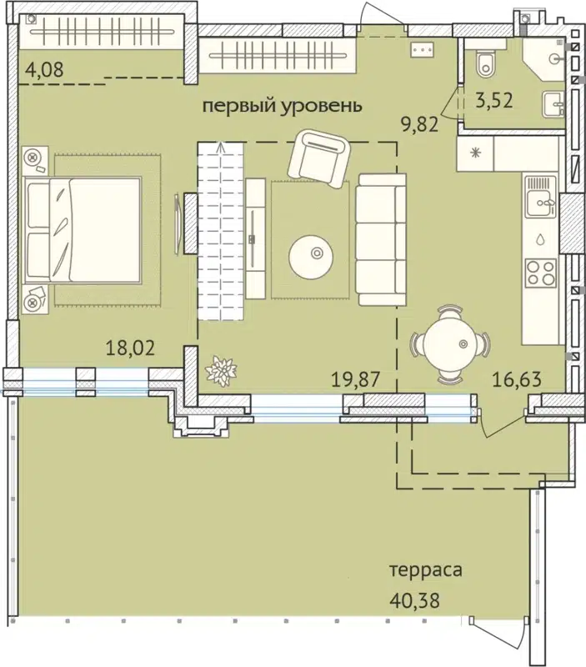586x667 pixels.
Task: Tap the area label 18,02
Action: [130, 347]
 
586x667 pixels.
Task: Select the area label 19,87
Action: [356, 379]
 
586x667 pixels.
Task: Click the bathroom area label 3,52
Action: [493, 103]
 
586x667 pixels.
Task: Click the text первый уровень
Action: [283, 107]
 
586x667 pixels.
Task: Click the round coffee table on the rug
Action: [313, 254]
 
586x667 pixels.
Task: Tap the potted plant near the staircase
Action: [222, 370]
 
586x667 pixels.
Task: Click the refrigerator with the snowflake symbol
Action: [475, 153]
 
